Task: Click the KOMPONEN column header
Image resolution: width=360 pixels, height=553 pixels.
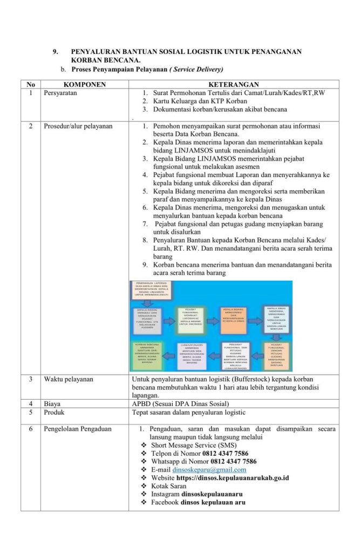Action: coord(84,85)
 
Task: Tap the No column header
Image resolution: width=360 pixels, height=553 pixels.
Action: coord(31,85)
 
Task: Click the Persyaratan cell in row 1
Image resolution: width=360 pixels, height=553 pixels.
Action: coord(60,93)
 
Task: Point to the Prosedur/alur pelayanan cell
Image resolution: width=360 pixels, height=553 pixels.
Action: coord(78,126)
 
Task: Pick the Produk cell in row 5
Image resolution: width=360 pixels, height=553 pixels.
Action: coord(55,413)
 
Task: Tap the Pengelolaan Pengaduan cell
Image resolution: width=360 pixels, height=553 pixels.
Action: coord(78,429)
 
